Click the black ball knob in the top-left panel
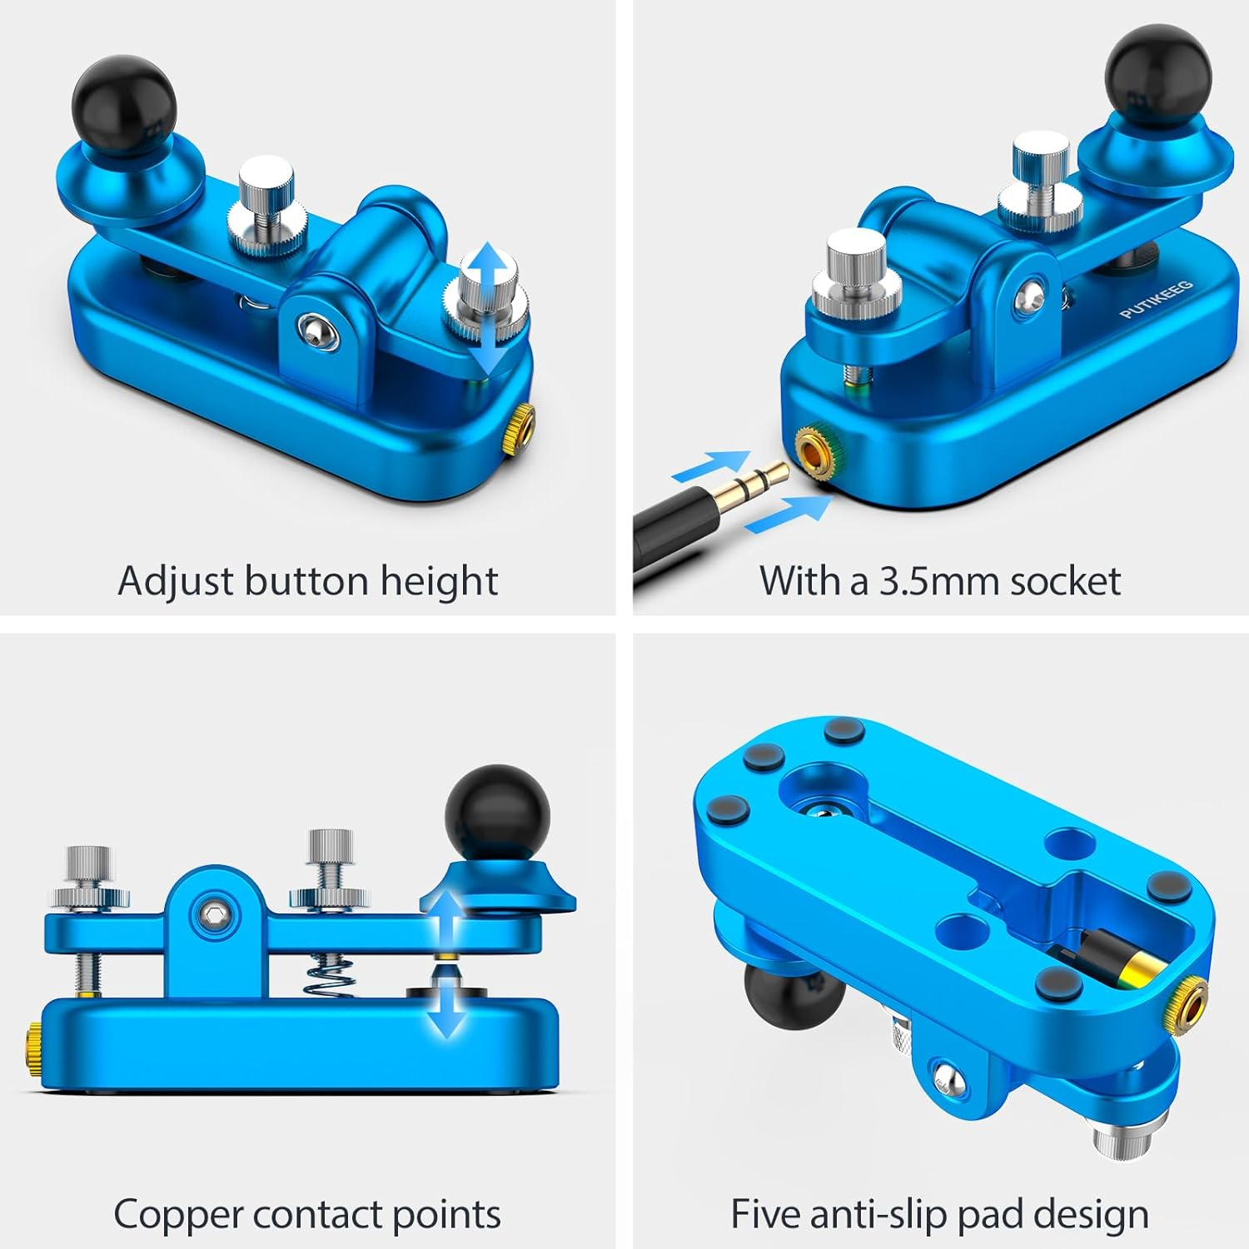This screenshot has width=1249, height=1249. tap(124, 99)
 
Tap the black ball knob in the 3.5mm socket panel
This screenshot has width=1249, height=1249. tap(1157, 76)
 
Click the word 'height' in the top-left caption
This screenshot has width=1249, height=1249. tap(439, 581)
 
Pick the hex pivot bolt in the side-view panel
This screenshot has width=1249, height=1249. tap(216, 914)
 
